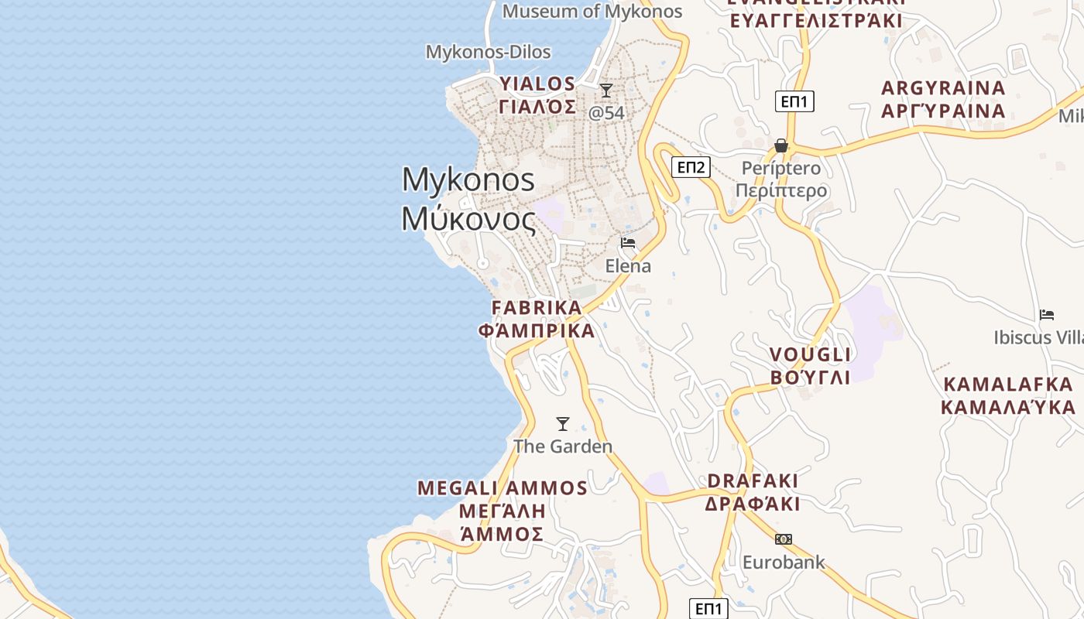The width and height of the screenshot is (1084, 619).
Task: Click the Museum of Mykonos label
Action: click(x=592, y=12)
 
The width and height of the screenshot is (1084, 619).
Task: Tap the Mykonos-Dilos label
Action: click(x=488, y=52)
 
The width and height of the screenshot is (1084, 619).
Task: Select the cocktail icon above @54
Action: click(x=606, y=91)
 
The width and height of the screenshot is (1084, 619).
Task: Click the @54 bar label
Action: click(x=606, y=113)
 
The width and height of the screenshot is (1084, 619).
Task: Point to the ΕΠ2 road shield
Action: click(x=691, y=167)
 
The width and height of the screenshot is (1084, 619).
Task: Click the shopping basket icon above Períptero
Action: click(x=780, y=145)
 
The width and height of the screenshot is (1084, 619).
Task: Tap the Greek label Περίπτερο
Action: click(x=780, y=190)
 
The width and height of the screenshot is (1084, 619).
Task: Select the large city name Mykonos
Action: click(x=468, y=180)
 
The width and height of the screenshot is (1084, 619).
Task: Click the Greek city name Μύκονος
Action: click(x=468, y=220)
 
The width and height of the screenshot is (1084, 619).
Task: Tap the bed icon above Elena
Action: click(x=628, y=243)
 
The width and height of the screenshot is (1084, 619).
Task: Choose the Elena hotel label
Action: click(x=628, y=266)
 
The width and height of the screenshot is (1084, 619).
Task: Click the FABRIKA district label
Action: click(x=537, y=308)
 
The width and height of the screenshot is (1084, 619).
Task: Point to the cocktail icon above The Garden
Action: click(x=563, y=424)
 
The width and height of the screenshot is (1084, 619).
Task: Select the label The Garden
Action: click(x=563, y=446)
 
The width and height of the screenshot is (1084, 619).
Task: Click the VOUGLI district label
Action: click(x=811, y=355)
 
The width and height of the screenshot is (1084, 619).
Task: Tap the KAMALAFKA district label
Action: click(x=1008, y=385)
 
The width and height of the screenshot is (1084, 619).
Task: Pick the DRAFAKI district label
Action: click(x=753, y=481)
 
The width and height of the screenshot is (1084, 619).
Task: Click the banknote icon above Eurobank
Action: click(x=784, y=539)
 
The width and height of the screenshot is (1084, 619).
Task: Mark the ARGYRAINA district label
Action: click(x=943, y=88)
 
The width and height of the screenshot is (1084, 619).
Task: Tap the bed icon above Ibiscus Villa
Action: click(x=1047, y=315)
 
